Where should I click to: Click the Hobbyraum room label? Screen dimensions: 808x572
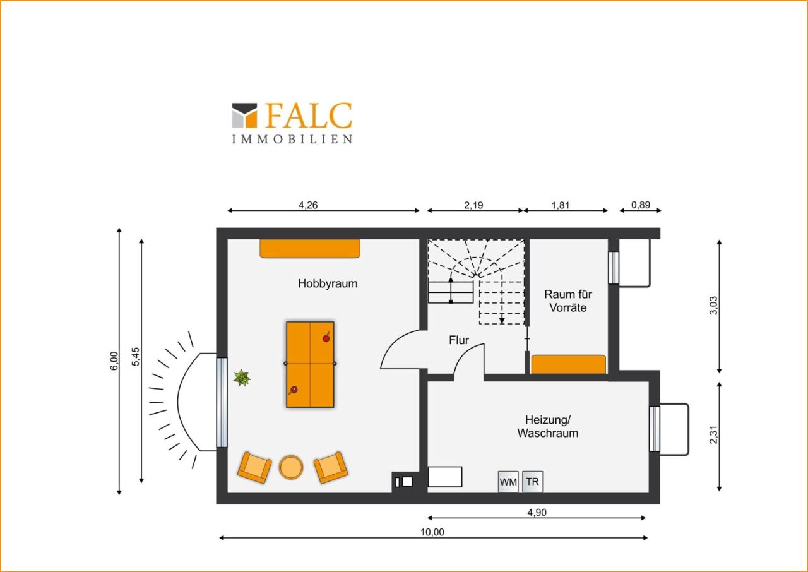pos(328,283)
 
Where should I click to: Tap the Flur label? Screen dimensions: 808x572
pos(459,340)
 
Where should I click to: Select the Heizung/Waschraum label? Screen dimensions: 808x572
pos(547,426)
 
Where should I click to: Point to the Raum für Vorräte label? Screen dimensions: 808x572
pos(567,301)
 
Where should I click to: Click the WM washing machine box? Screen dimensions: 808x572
pos(508,482)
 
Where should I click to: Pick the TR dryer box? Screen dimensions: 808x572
pos(532,482)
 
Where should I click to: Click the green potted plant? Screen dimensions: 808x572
pos(242,378)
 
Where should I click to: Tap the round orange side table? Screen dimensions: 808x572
pos(291,467)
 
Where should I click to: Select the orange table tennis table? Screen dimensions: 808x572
pos(310,365)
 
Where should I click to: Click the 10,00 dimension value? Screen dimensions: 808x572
pos(432,532)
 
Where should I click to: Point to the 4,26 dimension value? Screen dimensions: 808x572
pos(308,205)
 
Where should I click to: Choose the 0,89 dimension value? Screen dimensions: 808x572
pos(641,205)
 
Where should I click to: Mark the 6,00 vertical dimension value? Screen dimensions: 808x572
pos(114,360)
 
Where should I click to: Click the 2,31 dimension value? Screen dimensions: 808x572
pos(714,435)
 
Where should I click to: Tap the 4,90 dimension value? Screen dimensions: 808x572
pos(537,512)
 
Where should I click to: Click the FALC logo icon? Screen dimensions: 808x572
pos(244,116)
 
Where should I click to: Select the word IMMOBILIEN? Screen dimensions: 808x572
pos(292,140)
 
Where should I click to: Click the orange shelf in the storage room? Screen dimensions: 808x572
pos(569,364)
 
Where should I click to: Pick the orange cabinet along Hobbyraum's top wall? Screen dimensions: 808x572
pos(310,249)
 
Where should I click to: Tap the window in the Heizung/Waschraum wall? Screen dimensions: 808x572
pos(655,429)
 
